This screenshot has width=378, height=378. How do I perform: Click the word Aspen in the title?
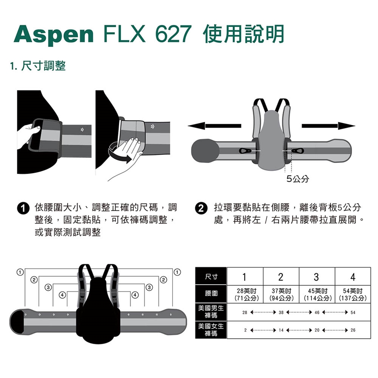[x=54, y=34]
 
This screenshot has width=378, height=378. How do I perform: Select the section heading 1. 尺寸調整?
[x=38, y=66]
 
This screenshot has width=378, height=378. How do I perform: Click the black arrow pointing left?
[x=214, y=126]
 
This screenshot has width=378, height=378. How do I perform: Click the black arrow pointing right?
[x=328, y=126]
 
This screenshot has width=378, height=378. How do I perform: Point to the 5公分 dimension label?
[x=298, y=179]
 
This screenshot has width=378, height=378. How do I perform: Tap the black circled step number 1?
[x=23, y=209]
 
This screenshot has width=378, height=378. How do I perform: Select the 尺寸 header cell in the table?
[x=211, y=276]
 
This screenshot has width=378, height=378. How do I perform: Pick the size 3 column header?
[x=317, y=276]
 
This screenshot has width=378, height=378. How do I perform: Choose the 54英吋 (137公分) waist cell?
[x=353, y=295]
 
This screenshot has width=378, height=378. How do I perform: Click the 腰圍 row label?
[x=211, y=294]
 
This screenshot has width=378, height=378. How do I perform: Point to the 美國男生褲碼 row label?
[x=211, y=312]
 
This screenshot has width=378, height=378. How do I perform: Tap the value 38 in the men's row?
[x=281, y=312]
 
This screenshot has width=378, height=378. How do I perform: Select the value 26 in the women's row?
[x=353, y=330]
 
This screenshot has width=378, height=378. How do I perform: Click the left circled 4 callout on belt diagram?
[x=63, y=295]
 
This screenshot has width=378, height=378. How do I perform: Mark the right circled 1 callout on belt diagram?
[x=177, y=272]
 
